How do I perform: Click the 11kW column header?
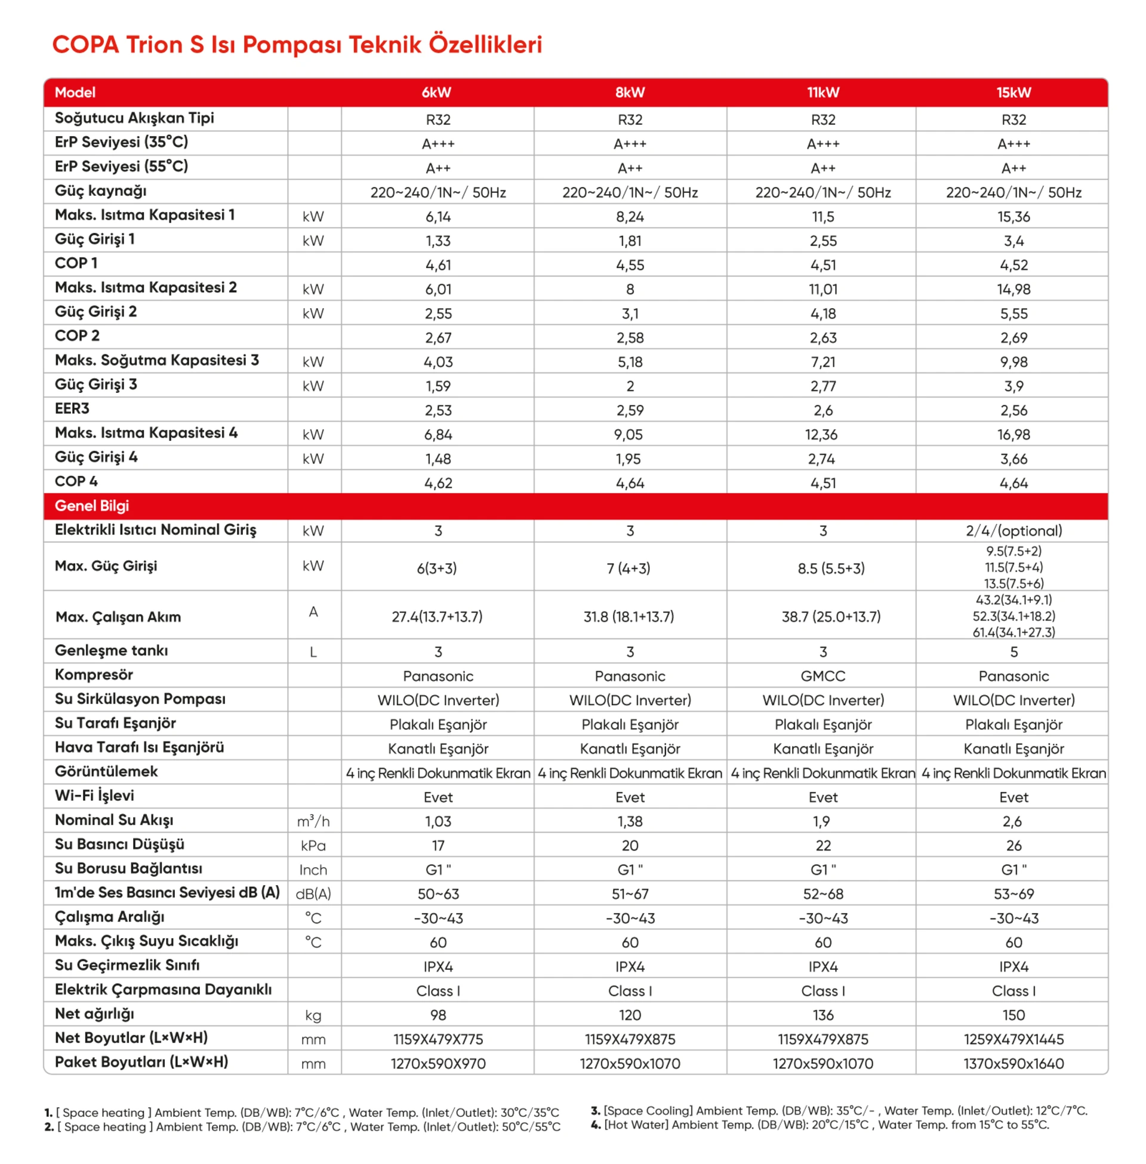(822, 92)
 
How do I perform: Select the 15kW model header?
(1013, 92)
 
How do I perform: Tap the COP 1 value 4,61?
(438, 265)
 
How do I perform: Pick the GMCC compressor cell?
(822, 675)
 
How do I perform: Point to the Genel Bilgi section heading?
(91, 506)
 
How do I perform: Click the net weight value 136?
(822, 1015)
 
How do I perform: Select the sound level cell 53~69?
(1013, 893)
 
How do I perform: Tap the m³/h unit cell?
(313, 821)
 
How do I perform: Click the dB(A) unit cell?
(313, 893)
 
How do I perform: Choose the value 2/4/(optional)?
(1013, 530)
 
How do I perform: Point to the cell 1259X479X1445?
(1013, 1039)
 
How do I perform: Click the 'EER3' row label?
(72, 409)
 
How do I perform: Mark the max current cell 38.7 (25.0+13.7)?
(831, 616)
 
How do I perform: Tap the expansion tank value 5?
(1013, 652)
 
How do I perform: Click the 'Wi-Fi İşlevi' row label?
(94, 796)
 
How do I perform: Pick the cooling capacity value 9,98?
(1013, 362)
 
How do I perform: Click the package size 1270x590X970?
(438, 1064)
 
